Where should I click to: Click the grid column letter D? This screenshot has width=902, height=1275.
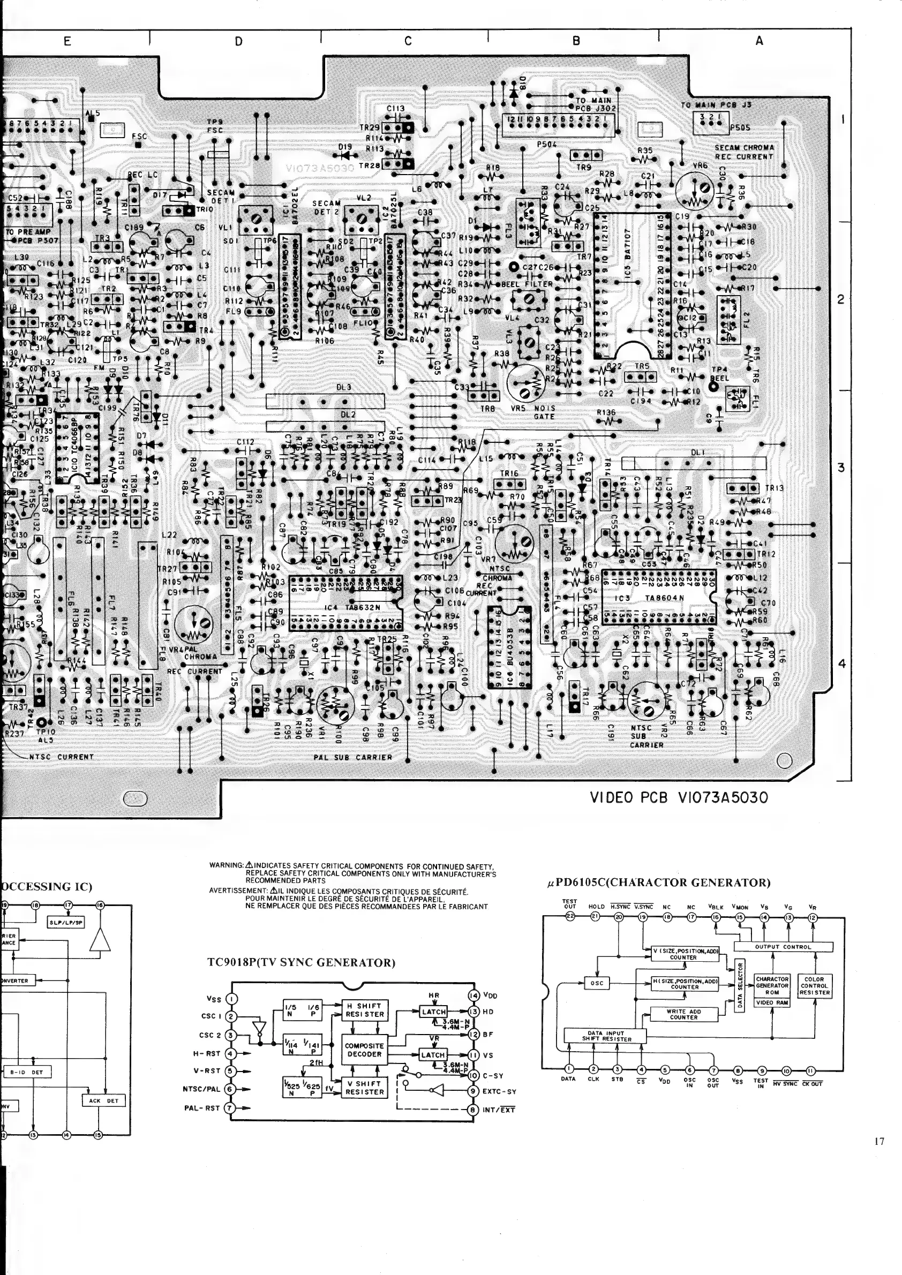coord(238,41)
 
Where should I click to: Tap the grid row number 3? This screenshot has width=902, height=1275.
coord(841,467)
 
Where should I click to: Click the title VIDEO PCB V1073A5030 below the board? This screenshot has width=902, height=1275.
coord(679,798)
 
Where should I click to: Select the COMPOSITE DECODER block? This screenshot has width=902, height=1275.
coord(364,1050)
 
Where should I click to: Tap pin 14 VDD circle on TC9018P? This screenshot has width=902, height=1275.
coord(474,995)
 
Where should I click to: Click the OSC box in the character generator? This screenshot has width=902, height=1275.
coord(597,983)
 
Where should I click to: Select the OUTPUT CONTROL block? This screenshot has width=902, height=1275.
coord(783,947)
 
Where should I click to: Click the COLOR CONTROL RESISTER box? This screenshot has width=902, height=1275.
coord(814,986)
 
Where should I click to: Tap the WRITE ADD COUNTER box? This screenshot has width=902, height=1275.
coord(683,1014)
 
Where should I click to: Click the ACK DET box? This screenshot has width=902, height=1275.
coord(104,1100)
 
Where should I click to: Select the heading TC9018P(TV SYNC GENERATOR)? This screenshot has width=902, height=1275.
coord(301,963)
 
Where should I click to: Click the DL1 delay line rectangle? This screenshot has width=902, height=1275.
coord(694,463)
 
